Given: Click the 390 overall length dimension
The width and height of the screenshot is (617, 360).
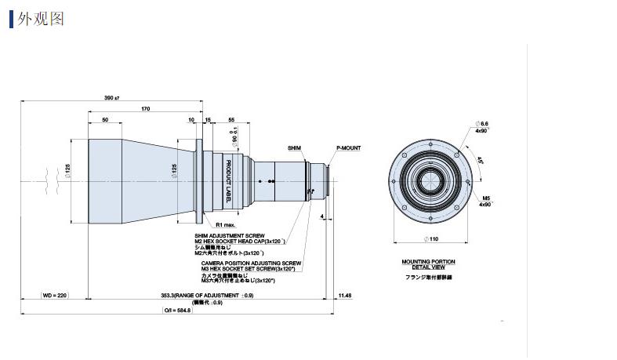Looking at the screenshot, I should click(x=111, y=97).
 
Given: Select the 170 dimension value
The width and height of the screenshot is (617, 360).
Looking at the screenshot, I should click(x=145, y=108).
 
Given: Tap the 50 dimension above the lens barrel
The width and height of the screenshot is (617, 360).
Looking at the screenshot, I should click(x=105, y=119).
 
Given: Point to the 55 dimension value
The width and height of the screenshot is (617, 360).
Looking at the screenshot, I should click(x=231, y=119).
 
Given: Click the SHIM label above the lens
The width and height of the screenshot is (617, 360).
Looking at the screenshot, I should click(x=294, y=147).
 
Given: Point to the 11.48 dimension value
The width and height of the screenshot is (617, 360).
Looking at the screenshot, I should click(x=345, y=295).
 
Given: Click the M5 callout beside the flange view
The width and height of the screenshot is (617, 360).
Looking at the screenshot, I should click(x=486, y=198).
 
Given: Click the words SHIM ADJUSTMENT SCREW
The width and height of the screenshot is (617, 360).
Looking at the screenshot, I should click(x=230, y=235).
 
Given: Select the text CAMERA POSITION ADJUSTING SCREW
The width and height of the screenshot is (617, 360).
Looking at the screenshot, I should click(x=251, y=263).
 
